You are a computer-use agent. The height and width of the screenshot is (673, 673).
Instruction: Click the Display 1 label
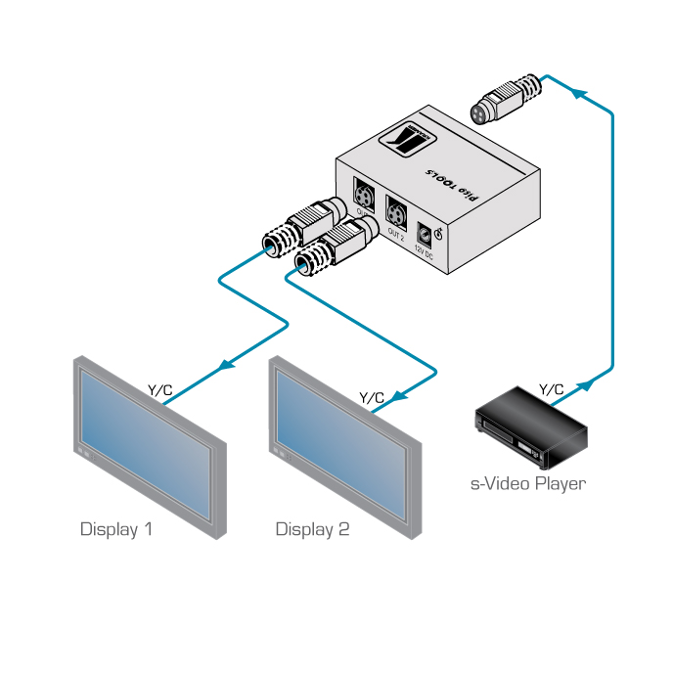[115, 529]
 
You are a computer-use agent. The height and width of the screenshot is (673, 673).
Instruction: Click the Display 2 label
[312, 529]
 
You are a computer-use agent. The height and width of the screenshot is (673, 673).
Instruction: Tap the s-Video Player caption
[527, 483]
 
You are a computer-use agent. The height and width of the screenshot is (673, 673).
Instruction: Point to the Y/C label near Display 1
[160, 390]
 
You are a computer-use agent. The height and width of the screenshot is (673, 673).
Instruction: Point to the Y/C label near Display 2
[372, 397]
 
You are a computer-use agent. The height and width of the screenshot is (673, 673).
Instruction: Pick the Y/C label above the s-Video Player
[552, 390]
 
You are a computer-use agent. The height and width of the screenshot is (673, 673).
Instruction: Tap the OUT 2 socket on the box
[396, 212]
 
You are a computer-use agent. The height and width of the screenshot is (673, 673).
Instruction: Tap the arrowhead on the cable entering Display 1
[226, 366]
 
